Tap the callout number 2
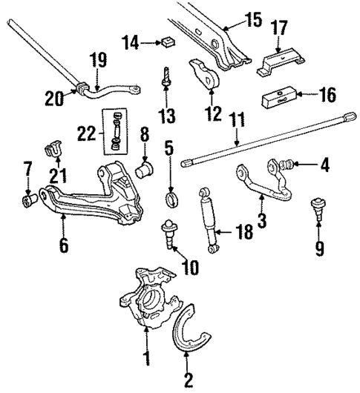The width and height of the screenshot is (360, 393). click(189, 380)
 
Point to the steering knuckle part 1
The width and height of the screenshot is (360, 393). click(147, 304)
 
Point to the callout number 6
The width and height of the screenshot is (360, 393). click(64, 244)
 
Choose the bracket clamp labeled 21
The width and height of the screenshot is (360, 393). click(54, 148)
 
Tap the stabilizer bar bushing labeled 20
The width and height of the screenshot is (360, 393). click(79, 91)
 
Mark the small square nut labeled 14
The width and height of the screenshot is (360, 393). click(168, 41)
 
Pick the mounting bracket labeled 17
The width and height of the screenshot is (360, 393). click(281, 61)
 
